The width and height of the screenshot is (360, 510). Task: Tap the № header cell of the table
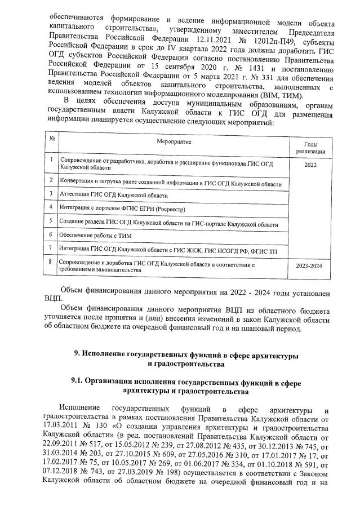51,139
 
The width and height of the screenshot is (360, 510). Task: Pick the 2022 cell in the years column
310,165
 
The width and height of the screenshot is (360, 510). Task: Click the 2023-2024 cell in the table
309,265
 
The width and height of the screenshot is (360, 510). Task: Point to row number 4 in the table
51,206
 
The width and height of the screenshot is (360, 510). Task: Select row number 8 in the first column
51,262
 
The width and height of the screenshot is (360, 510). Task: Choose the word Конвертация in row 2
78,180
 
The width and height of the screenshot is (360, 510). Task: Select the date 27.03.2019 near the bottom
150,482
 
